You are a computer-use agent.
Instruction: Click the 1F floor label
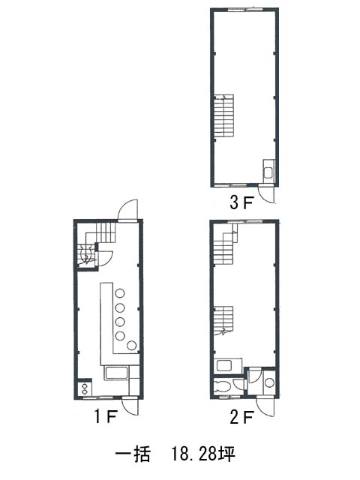105,416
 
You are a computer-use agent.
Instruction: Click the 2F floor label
241,417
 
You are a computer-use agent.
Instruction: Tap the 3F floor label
241,202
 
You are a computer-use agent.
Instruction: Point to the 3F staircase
223,115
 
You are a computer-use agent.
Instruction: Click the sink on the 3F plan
268,172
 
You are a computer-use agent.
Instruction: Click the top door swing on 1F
127,210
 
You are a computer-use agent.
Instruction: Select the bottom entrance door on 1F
130,406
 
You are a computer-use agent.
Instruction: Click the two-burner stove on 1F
85,388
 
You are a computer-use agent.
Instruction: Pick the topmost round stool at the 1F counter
120,293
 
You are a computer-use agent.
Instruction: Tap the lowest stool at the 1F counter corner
132,345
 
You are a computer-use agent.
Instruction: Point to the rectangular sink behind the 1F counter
116,373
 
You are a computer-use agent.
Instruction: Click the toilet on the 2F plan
222,385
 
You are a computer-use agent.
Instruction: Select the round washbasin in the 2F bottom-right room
269,382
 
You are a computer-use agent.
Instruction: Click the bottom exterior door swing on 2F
265,406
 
